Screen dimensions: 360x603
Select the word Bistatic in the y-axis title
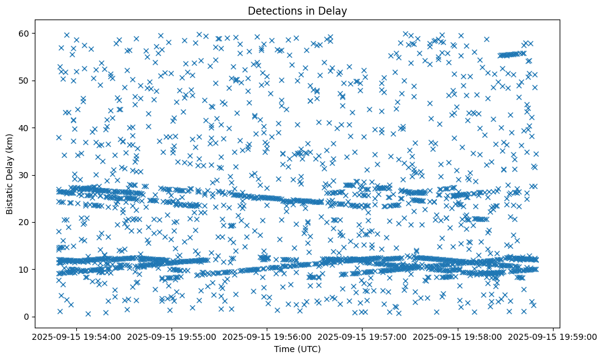[10, 194]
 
